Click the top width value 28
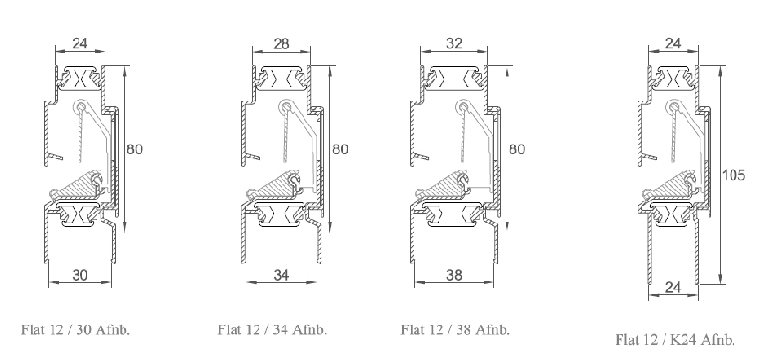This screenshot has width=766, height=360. point(282,43)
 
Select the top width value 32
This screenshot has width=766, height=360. point(454,43)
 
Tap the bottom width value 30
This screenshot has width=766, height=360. point(79,275)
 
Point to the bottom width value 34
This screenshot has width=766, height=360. point(281,275)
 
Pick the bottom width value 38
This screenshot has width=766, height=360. point(454,275)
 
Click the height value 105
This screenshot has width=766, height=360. point(733,175)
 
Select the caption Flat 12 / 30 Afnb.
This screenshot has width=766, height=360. point(76,329)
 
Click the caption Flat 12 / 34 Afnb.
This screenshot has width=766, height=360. point(272,329)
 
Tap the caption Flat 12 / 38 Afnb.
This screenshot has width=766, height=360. point(456,329)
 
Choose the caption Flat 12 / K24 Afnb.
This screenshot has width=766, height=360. point(675,340)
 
